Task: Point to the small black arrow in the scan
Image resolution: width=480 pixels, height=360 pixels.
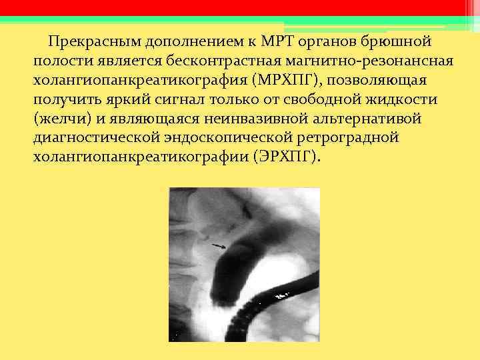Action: pyautogui.click(x=219, y=246)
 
